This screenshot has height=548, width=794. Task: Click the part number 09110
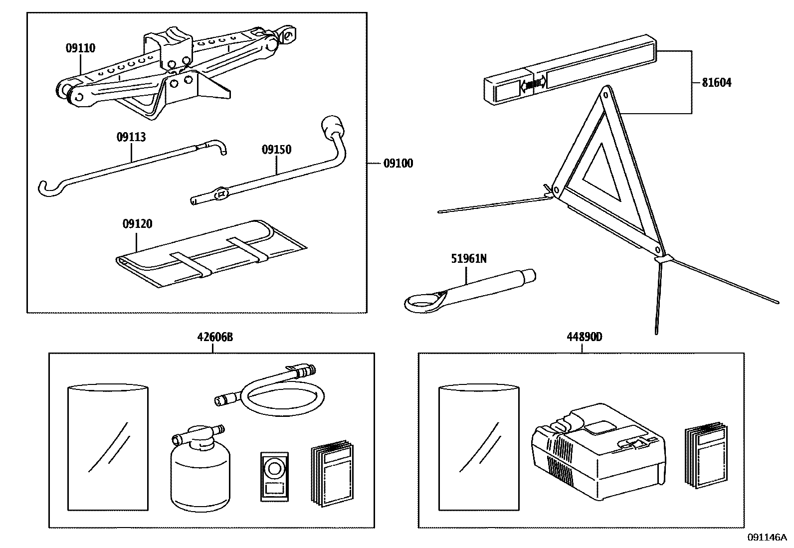tap(80, 48)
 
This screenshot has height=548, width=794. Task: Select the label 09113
tap(131, 137)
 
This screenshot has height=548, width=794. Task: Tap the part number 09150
tap(276, 150)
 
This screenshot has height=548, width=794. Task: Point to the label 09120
tap(137, 224)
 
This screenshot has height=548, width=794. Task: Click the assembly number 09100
tap(398, 163)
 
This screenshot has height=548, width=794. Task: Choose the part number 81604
tap(717, 83)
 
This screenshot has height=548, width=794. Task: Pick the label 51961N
tap(469, 258)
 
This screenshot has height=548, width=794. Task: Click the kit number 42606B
tap(214, 337)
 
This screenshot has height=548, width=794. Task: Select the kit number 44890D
tap(584, 337)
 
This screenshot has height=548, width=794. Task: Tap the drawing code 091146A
tap(767, 537)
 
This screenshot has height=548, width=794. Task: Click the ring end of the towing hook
tap(421, 302)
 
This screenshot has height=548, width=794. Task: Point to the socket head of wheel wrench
tap(332, 125)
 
